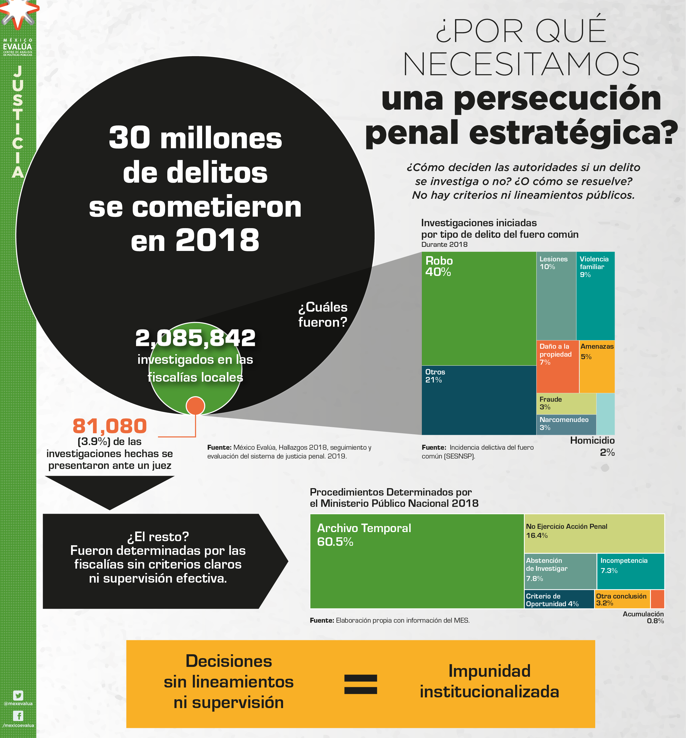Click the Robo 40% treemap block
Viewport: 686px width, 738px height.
pyautogui.click(x=478, y=308)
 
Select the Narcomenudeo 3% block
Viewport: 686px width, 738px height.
pyautogui.click(x=566, y=424)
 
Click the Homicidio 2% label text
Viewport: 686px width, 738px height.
pyautogui.click(x=592, y=446)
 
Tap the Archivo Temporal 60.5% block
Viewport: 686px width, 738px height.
pyautogui.click(x=416, y=561)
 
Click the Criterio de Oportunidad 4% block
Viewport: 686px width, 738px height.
pyautogui.click(x=559, y=599)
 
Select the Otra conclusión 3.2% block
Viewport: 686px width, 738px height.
pyautogui.click(x=622, y=599)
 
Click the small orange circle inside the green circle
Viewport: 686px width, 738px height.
pyautogui.click(x=195, y=406)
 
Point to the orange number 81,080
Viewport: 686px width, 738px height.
pyautogui.click(x=110, y=426)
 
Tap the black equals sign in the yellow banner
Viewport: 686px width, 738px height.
pyautogui.click(x=360, y=684)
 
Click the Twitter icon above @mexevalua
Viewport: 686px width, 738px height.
pyautogui.click(x=18, y=695)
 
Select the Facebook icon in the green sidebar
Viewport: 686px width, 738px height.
pyautogui.click(x=18, y=715)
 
